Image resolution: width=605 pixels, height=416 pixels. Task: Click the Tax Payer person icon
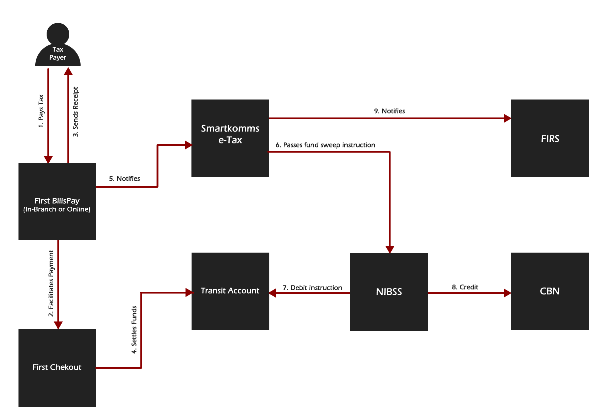tap(58, 45)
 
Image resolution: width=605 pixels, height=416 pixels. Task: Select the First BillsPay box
tap(57, 201)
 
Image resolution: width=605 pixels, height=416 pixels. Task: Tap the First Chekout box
tap(57, 368)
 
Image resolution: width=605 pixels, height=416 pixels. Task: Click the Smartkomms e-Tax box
tap(230, 138)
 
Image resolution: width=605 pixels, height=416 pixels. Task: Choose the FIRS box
tap(550, 138)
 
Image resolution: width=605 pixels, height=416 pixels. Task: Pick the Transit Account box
tap(230, 291)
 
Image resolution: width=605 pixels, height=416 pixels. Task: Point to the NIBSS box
tap(389, 292)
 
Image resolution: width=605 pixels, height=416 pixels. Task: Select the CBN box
tap(550, 291)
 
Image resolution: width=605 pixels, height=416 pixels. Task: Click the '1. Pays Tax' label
tap(41, 111)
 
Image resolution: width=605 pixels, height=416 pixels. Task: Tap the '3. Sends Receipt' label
tap(76, 112)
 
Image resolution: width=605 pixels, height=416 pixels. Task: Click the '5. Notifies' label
tap(125, 179)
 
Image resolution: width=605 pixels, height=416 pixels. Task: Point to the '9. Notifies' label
tap(390, 111)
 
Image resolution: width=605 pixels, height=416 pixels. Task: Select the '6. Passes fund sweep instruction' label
tap(326, 145)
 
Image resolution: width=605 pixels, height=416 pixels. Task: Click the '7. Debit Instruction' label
tap(312, 288)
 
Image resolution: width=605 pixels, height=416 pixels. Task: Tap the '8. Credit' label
tap(465, 287)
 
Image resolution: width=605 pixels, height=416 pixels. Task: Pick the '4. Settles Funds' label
tap(134, 329)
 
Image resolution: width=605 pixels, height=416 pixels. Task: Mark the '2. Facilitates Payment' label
tap(51, 284)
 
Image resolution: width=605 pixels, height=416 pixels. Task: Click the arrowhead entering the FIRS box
tap(507, 118)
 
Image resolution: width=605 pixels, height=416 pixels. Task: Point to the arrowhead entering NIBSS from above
tap(390, 250)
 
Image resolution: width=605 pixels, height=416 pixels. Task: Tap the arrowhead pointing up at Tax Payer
tap(68, 71)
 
